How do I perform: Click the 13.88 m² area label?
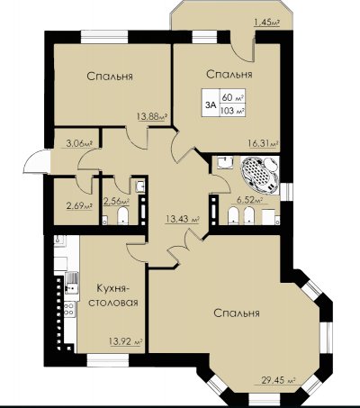(x=152, y=116)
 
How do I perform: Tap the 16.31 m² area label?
(x=263, y=143)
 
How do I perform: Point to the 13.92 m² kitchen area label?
(x=125, y=341)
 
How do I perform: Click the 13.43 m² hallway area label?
(x=183, y=219)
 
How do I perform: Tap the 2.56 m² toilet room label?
(x=116, y=201)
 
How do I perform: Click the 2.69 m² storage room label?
(x=79, y=206)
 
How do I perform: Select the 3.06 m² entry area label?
(x=78, y=142)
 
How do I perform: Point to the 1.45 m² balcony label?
(x=266, y=22)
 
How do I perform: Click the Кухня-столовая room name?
(x=113, y=295)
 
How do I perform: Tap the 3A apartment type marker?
(x=211, y=104)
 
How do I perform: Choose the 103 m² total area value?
(x=232, y=111)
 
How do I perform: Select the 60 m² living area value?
(x=232, y=97)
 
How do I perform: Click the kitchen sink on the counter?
(x=72, y=284)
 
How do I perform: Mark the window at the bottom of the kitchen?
(x=108, y=359)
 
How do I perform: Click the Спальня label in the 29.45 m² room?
(x=237, y=313)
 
